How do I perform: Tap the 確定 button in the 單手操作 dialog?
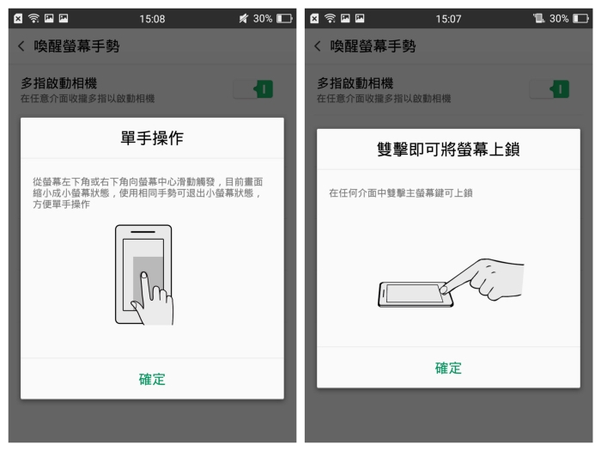pyautogui.click(x=152, y=380)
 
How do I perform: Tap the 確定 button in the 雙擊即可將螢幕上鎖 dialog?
pyautogui.click(x=448, y=369)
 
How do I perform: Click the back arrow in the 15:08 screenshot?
pyautogui.click(x=21, y=46)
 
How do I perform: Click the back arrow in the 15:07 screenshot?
pyautogui.click(x=318, y=46)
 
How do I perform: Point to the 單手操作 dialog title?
pyautogui.click(x=152, y=138)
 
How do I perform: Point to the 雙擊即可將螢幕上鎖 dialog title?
pyautogui.click(x=448, y=149)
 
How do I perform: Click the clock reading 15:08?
pyautogui.click(x=152, y=19)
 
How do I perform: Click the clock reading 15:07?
pyautogui.click(x=448, y=19)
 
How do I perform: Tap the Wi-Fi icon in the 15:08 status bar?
pyautogui.click(x=33, y=18)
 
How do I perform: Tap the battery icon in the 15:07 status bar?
pyautogui.click(x=580, y=18)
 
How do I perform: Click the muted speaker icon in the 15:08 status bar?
pyautogui.click(x=243, y=18)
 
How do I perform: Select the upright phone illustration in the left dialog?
pyautogui.click(x=143, y=274)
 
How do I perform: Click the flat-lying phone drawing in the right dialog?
pyautogui.click(x=416, y=295)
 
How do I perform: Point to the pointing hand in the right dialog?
pyautogui.click(x=483, y=279)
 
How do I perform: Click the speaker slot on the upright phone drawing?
pyautogui.click(x=143, y=232)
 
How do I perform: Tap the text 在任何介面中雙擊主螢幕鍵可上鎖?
pyautogui.click(x=401, y=193)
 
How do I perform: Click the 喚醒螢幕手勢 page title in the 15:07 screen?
pyautogui.click(x=373, y=46)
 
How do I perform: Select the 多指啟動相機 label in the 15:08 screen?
pyautogui.click(x=59, y=83)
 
